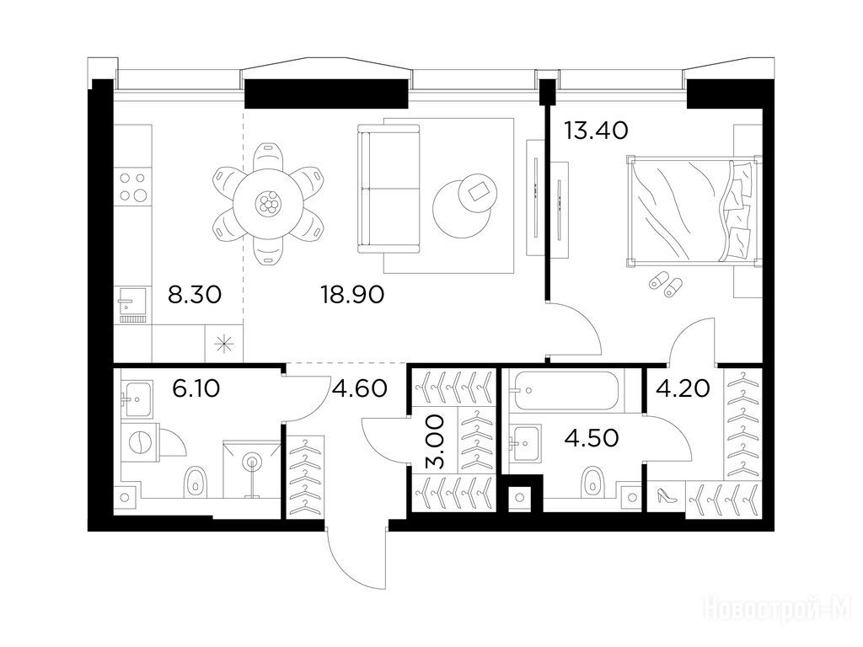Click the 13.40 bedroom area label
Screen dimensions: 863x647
596,131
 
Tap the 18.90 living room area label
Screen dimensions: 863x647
352,295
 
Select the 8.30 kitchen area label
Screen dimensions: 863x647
195,295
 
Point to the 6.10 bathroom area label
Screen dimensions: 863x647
196,389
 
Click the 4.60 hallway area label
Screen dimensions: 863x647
360,389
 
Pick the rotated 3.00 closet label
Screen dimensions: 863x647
436,441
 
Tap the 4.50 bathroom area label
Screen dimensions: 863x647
592,438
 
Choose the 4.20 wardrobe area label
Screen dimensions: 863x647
683,389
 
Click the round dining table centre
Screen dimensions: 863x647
268,205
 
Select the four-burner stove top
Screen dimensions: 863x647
132,187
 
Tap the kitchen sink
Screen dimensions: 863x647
132,302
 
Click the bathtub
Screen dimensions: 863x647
567,391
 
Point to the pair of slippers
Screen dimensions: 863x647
666,283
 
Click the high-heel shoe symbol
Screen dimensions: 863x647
666,495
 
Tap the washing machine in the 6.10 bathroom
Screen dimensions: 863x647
140,441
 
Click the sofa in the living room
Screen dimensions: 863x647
389,189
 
